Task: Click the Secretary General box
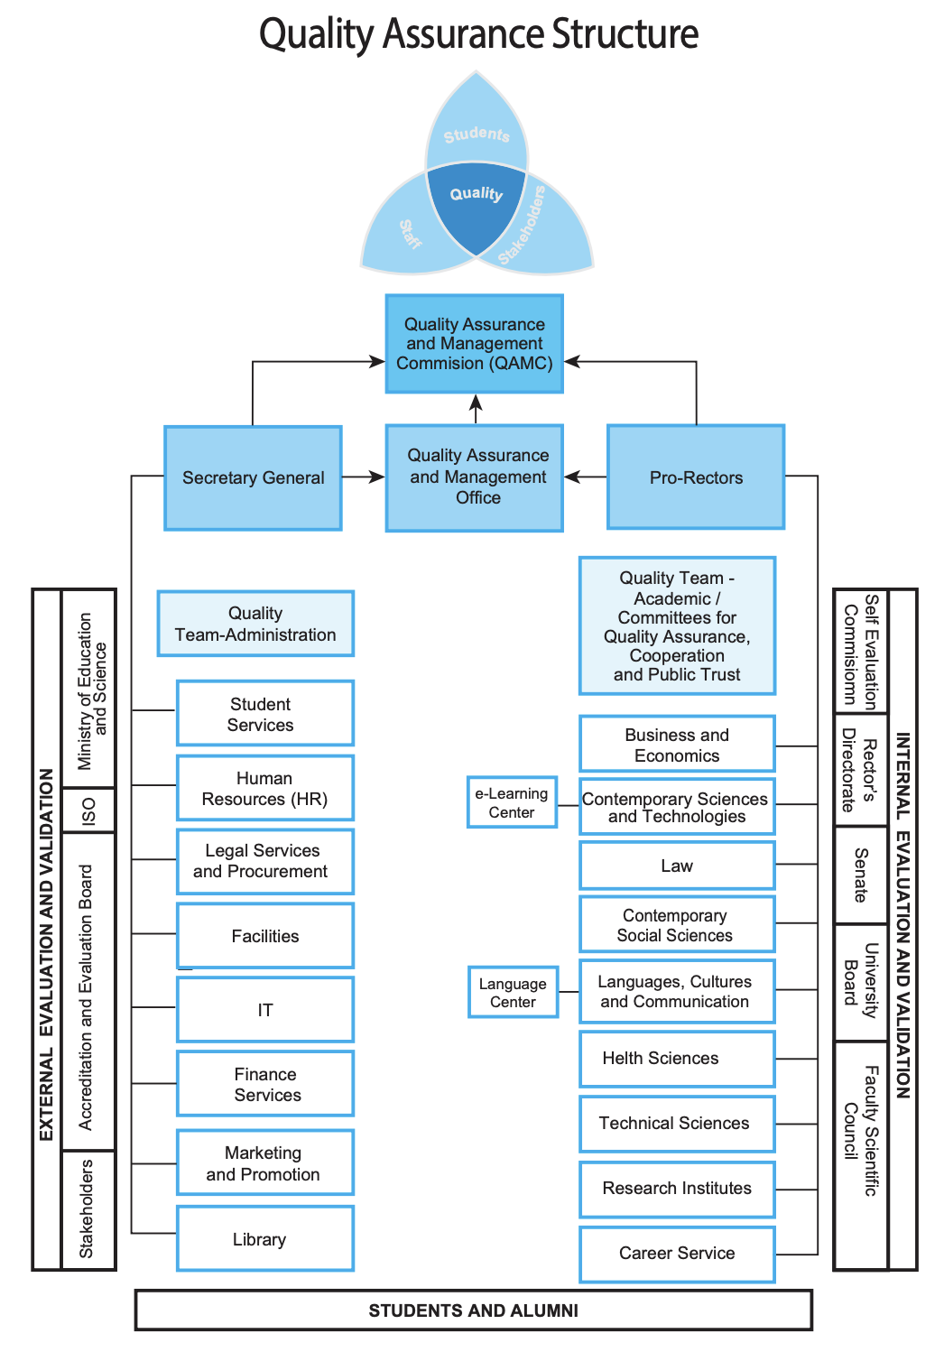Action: tap(253, 477)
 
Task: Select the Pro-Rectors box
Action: tap(696, 477)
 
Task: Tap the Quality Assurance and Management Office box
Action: tap(475, 477)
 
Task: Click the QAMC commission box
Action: tap(475, 344)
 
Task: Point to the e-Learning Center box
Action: tap(512, 802)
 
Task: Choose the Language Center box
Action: tap(513, 993)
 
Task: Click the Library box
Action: tap(265, 1239)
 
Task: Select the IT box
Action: tap(265, 1010)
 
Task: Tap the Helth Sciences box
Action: tap(677, 1059)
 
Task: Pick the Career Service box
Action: tap(677, 1254)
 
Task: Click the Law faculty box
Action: tap(677, 866)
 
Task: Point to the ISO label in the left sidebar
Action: tap(88, 810)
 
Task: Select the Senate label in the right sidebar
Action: tap(861, 875)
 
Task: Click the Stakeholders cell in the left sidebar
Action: tap(88, 1209)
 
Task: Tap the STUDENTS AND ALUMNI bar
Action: tap(474, 1310)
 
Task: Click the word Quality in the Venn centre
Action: tap(476, 193)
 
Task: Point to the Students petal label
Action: tap(477, 134)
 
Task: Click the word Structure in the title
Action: tap(625, 34)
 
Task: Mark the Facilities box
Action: tap(265, 936)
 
